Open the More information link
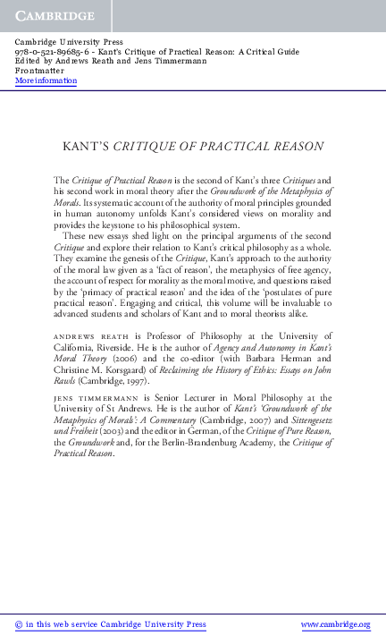pos(46,80)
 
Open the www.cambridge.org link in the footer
pos(335,624)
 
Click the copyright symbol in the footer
pos(20,624)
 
